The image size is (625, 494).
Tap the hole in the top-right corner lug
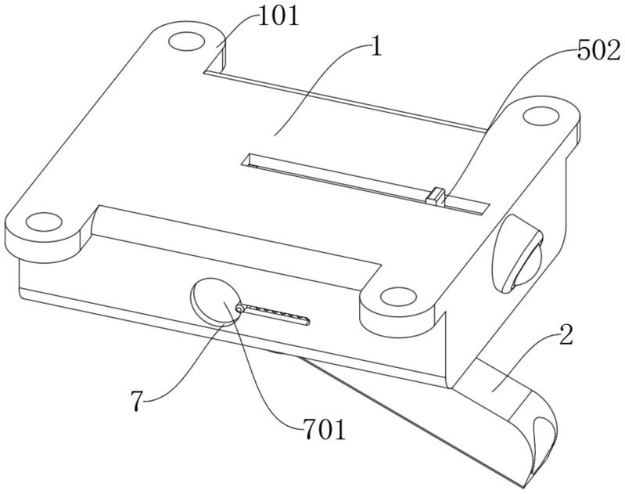point(538,116)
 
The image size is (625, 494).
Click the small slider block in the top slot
point(435,196)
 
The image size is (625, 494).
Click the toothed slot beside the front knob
point(278,316)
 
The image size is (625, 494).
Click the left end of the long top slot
point(249,160)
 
